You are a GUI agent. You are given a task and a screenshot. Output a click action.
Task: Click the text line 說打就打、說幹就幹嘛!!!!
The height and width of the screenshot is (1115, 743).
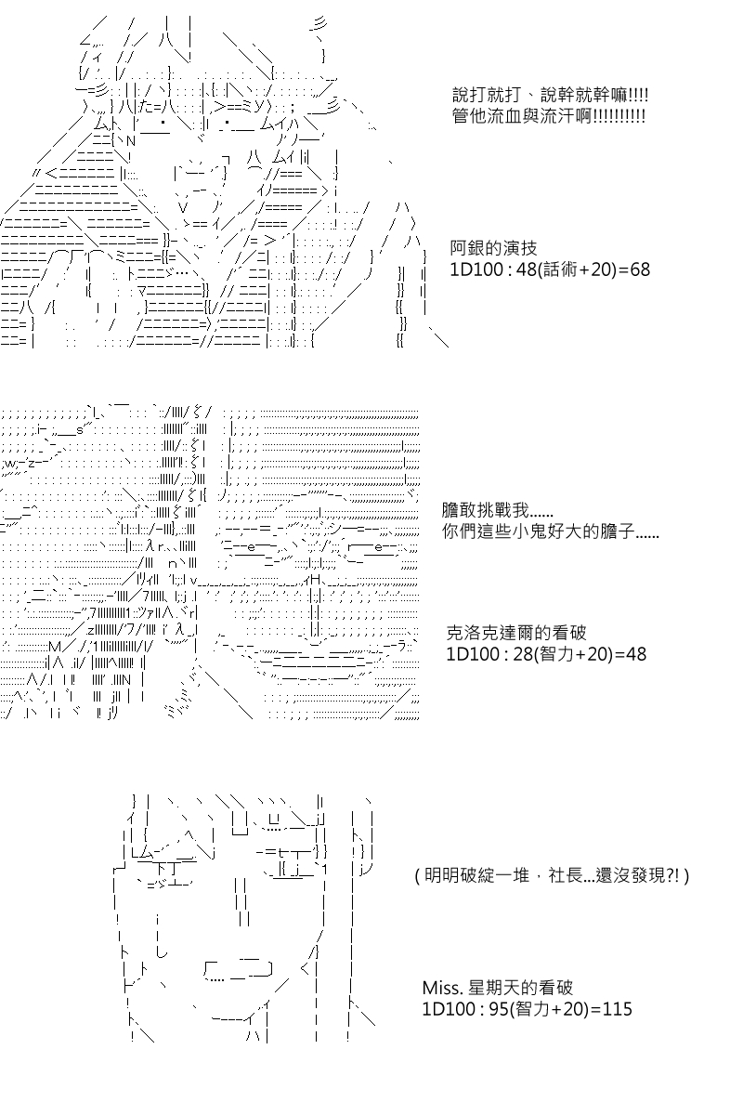(x=550, y=95)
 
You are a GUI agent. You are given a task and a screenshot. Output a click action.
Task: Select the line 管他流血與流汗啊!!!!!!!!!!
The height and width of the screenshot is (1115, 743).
(x=548, y=116)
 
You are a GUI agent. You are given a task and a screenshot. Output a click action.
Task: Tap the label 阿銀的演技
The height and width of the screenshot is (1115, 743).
(x=493, y=248)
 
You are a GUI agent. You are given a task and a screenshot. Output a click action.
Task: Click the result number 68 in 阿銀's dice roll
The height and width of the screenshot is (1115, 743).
(x=640, y=269)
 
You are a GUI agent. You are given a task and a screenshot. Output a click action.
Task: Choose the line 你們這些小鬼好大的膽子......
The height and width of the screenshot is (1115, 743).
(x=551, y=531)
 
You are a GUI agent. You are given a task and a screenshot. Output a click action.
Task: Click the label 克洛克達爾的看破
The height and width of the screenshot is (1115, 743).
(x=516, y=633)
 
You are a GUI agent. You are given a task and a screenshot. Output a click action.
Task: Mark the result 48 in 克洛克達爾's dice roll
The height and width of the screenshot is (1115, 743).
(x=635, y=654)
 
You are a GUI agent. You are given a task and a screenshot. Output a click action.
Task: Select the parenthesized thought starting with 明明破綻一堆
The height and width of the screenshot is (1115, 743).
(x=552, y=875)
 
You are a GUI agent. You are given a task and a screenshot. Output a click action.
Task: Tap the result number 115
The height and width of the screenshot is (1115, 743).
(x=617, y=1008)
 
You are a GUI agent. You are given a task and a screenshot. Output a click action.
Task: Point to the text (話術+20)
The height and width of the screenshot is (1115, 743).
(x=575, y=269)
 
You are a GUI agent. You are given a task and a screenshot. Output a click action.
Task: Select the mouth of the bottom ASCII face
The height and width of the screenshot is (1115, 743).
(x=239, y=970)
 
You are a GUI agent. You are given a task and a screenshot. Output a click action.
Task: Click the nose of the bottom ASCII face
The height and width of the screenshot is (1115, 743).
(x=242, y=901)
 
